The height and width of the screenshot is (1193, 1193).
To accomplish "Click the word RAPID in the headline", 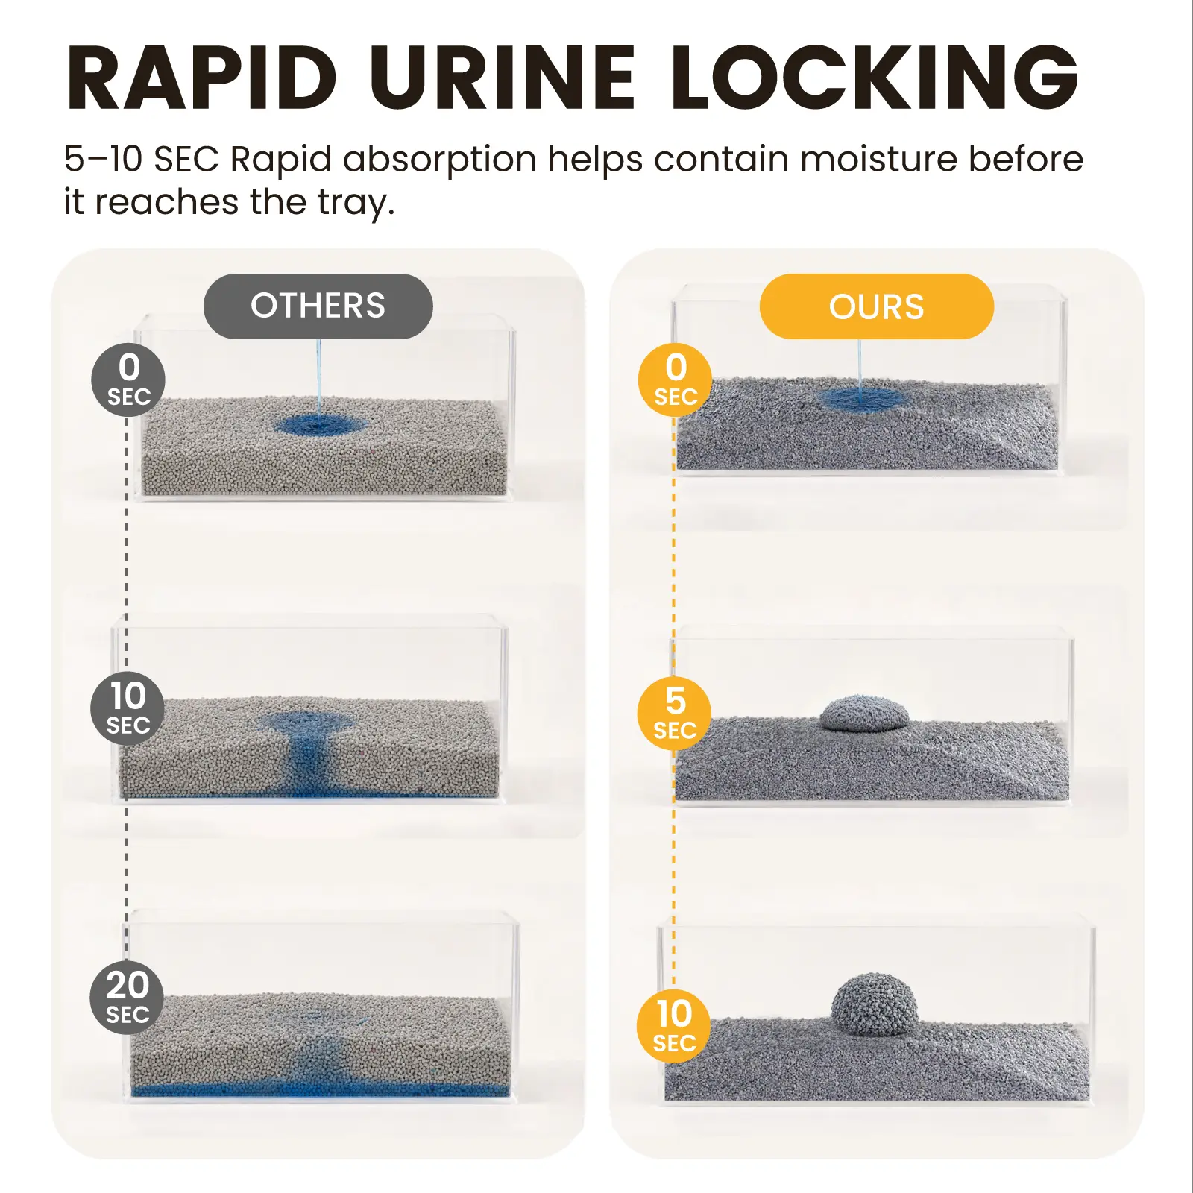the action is [x=202, y=78].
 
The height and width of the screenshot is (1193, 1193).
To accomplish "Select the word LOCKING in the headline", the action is [x=875, y=78].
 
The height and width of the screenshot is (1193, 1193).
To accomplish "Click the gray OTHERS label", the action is [x=318, y=306].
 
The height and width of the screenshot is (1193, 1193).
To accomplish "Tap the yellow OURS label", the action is [x=877, y=306].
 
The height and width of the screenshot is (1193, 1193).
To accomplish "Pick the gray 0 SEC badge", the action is [x=128, y=380].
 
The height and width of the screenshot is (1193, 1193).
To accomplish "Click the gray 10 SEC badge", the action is [x=128, y=708].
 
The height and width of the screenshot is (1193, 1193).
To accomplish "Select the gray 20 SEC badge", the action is [x=127, y=998].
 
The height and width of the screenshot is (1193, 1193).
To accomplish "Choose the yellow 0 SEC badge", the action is [x=675, y=380].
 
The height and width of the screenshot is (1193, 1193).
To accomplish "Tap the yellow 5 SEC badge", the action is [x=674, y=713].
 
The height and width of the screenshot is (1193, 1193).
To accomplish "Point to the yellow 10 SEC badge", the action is [x=673, y=1026].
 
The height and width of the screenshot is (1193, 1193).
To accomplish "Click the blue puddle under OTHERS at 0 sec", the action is [x=321, y=426].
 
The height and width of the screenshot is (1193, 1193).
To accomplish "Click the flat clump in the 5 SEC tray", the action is [x=865, y=713].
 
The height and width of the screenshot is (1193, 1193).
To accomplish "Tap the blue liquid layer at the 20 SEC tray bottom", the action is [x=321, y=1090].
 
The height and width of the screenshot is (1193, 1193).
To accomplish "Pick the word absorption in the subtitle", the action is [x=440, y=160].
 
